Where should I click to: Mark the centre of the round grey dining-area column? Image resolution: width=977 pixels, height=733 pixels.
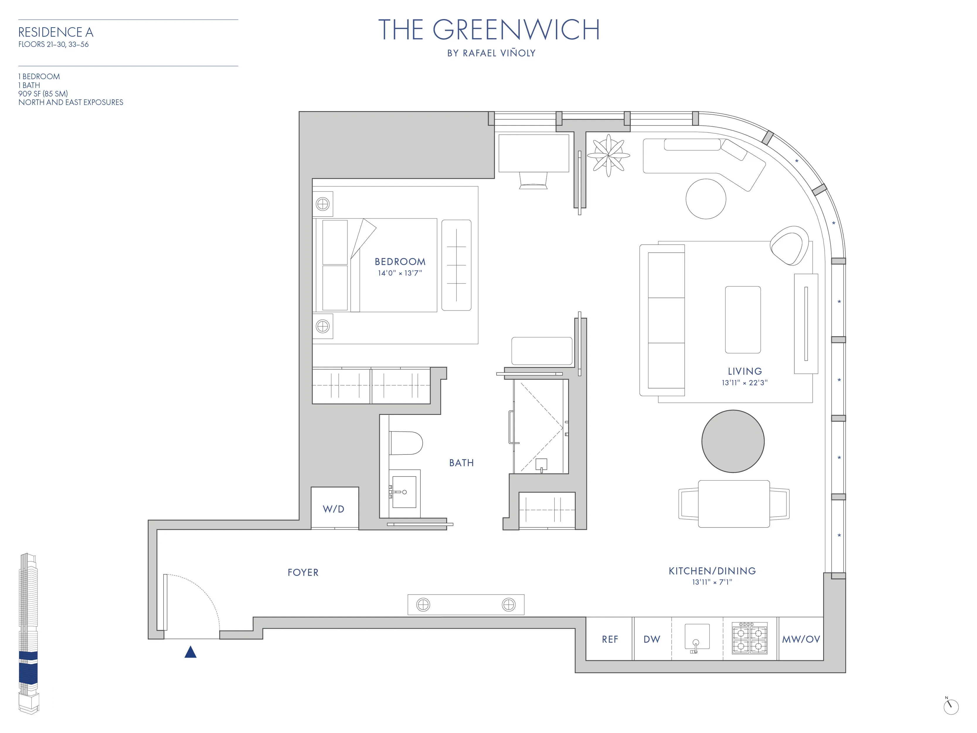point(733,441)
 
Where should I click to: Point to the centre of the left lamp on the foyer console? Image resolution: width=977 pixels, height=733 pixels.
point(423,604)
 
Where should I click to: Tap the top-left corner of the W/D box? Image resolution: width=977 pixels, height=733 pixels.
point(311,487)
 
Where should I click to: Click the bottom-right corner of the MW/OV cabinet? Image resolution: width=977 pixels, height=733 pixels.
point(823,661)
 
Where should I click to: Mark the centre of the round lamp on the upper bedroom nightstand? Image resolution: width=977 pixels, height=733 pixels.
point(323,204)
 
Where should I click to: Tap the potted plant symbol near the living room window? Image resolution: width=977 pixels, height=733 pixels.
point(608,155)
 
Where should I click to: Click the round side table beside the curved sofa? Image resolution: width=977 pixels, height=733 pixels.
point(706,199)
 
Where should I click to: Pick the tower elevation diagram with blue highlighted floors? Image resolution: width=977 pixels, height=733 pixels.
point(28,633)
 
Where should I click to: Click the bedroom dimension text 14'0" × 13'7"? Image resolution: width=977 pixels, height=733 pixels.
point(400,273)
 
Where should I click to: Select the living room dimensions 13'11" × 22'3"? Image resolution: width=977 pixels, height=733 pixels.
point(745,383)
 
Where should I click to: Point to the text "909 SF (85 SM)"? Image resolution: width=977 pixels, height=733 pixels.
point(43,94)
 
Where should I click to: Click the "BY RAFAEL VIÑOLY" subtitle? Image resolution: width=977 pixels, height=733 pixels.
point(491,53)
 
